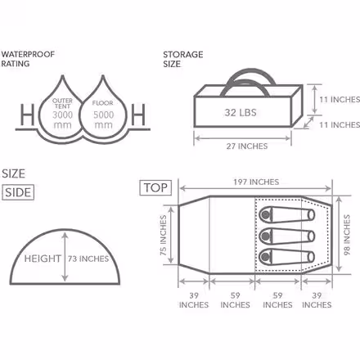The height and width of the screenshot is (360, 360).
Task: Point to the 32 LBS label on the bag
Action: [239, 111]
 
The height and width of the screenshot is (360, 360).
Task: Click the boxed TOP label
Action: [155, 187]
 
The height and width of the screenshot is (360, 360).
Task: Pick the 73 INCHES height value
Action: [88, 259]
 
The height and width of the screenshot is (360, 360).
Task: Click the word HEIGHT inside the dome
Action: [42, 259]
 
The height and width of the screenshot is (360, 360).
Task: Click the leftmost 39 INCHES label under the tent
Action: [194, 300]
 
